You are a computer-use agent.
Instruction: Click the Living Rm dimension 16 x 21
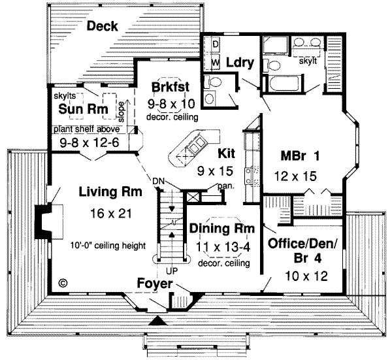106,213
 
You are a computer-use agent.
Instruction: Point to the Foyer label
155,284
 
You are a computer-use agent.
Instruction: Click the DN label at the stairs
157,181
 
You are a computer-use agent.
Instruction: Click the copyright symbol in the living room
63,283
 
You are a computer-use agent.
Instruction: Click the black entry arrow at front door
157,322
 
